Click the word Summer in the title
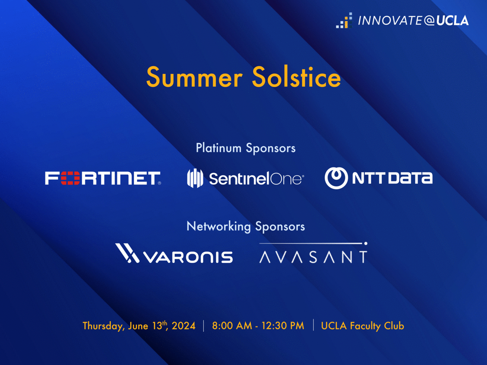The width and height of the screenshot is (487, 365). pyautogui.click(x=194, y=77)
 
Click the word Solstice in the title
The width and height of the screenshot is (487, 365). pyautogui.click(x=296, y=76)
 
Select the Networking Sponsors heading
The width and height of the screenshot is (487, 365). pyautogui.click(x=246, y=227)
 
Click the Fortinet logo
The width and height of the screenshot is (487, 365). pyautogui.click(x=103, y=178)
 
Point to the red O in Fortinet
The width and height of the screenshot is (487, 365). pyautogui.click(x=70, y=178)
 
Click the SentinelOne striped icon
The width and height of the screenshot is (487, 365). pyautogui.click(x=195, y=178)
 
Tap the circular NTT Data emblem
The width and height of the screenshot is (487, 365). pyautogui.click(x=336, y=178)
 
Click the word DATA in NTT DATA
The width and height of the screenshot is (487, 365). pyautogui.click(x=410, y=178)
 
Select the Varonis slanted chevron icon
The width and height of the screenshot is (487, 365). pyautogui.click(x=127, y=253)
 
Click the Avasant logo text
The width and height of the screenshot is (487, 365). pyautogui.click(x=313, y=257)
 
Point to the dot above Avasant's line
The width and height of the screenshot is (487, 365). pyautogui.click(x=366, y=244)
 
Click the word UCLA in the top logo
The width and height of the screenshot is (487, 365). pyautogui.click(x=453, y=21)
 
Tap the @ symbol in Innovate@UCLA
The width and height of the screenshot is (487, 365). pyautogui.click(x=429, y=21)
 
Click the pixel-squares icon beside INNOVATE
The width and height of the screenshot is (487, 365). pyautogui.click(x=344, y=20)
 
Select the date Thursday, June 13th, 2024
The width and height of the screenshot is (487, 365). pyautogui.click(x=139, y=326)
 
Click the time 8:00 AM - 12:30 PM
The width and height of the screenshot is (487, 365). pyautogui.click(x=258, y=326)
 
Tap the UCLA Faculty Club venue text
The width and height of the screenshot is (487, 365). pyautogui.click(x=362, y=326)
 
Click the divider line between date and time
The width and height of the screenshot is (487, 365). pyautogui.click(x=204, y=326)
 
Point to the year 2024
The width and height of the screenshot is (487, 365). pyautogui.click(x=183, y=326)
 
